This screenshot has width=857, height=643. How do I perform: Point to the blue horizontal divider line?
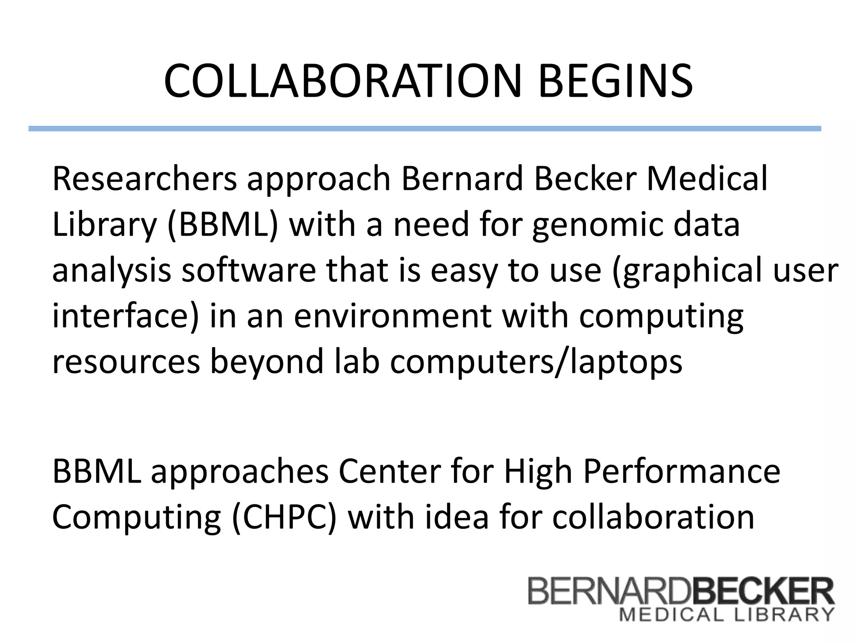pos(424,129)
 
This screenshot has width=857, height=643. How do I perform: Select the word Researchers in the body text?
pos(144,179)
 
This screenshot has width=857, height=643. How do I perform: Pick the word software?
pos(249,270)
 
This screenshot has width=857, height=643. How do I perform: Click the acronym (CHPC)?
pos(284,517)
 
